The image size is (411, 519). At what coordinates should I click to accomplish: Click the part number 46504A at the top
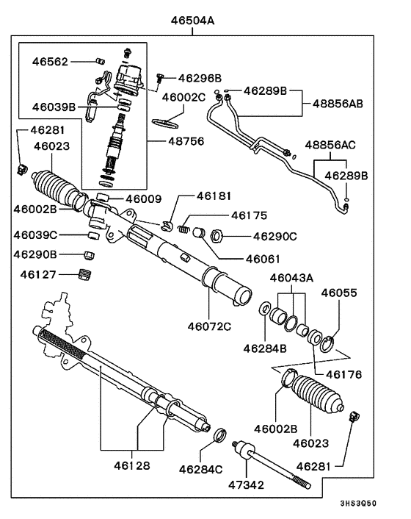193,21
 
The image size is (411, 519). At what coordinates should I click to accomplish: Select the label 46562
49,62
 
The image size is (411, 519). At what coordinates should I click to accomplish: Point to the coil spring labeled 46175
189,223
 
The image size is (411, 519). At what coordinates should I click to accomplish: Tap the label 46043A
291,278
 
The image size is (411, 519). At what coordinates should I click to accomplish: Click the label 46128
132,465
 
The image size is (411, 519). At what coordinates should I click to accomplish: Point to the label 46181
214,197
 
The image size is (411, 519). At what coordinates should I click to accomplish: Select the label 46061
263,259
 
